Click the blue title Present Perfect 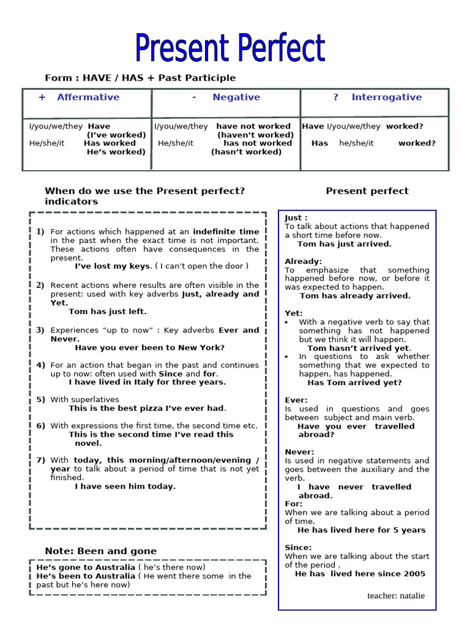click(230, 48)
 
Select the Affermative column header click(88, 97)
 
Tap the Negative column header click(236, 97)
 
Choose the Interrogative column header click(386, 97)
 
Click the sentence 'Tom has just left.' click(108, 312)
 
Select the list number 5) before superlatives click(40, 400)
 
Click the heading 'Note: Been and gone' click(100, 551)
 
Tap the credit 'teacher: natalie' click(396, 596)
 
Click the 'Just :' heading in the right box click(296, 218)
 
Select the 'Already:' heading click(303, 261)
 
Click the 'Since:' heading click(298, 547)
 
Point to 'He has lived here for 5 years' click(361, 530)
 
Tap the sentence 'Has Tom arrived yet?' click(354, 383)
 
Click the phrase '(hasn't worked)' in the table click(246, 152)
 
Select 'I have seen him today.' click(125, 487)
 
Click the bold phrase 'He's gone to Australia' click(86, 568)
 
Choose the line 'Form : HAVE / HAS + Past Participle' click(140, 78)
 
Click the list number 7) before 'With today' click(40, 460)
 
